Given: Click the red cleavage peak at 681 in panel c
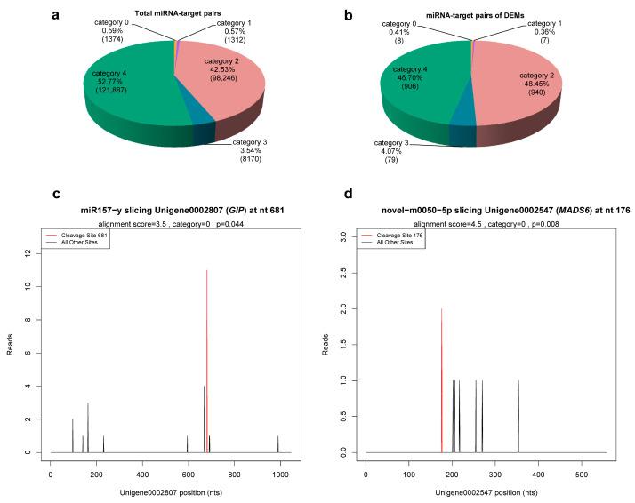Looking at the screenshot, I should pyautogui.click(x=206, y=355).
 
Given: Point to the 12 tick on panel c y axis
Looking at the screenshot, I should pyautogui.click(x=31, y=253).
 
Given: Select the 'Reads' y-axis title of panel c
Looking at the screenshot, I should pyautogui.click(x=12, y=351).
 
